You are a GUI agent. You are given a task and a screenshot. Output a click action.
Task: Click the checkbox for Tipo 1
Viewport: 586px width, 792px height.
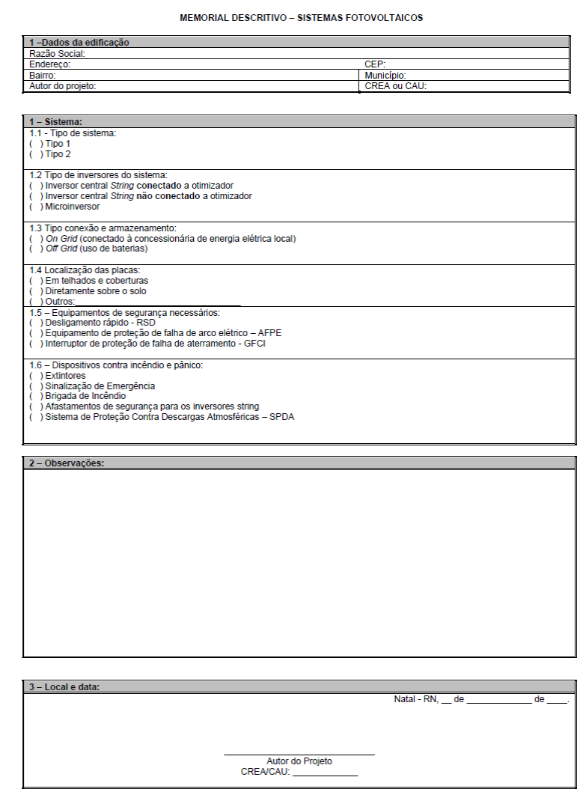34,144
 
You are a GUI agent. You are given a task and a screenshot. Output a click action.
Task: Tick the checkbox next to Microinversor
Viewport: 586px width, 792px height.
34,207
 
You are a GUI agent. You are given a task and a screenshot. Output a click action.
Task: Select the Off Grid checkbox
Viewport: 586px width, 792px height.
34,249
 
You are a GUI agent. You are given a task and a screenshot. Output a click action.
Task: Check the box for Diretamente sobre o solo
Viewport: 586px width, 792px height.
34,291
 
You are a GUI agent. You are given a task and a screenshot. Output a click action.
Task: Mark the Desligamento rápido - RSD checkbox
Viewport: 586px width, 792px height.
34,323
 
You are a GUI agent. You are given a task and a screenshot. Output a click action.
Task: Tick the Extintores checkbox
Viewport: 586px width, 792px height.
34,376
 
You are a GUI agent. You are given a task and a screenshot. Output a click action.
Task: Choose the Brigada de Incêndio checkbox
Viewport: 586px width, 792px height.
34,396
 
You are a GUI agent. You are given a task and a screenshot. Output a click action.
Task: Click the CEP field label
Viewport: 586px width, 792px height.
375,64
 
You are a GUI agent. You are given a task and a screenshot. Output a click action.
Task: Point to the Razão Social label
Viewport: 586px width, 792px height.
57,54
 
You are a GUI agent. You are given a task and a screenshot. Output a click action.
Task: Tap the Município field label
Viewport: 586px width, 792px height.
385,76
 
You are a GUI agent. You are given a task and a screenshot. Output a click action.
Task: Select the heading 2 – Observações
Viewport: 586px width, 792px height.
66,463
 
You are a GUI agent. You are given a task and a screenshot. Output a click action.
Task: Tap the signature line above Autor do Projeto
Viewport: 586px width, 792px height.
299,754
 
